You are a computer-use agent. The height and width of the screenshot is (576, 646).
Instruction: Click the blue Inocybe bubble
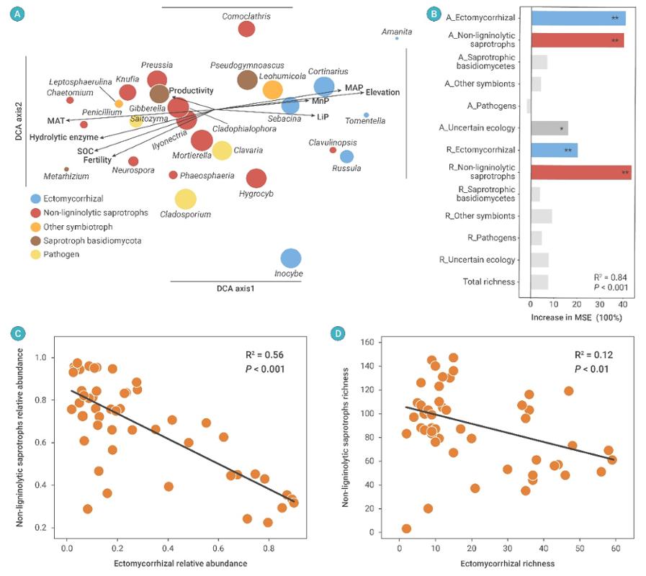click(x=290, y=258)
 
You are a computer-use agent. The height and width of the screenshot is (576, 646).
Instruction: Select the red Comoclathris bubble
click(x=246, y=29)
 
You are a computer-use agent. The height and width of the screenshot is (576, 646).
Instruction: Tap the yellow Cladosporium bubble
click(x=185, y=199)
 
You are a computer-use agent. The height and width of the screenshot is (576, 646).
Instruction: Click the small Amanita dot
click(x=397, y=38)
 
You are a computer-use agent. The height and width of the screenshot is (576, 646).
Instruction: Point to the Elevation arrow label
click(x=382, y=92)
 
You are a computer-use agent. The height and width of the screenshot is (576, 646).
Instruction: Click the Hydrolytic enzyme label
click(x=64, y=137)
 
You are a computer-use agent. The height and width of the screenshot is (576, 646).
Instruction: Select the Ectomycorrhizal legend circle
click(x=35, y=198)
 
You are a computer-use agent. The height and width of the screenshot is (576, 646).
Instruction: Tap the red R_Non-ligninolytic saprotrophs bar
click(x=580, y=172)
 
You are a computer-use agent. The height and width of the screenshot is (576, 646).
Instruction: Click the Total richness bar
click(x=539, y=282)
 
